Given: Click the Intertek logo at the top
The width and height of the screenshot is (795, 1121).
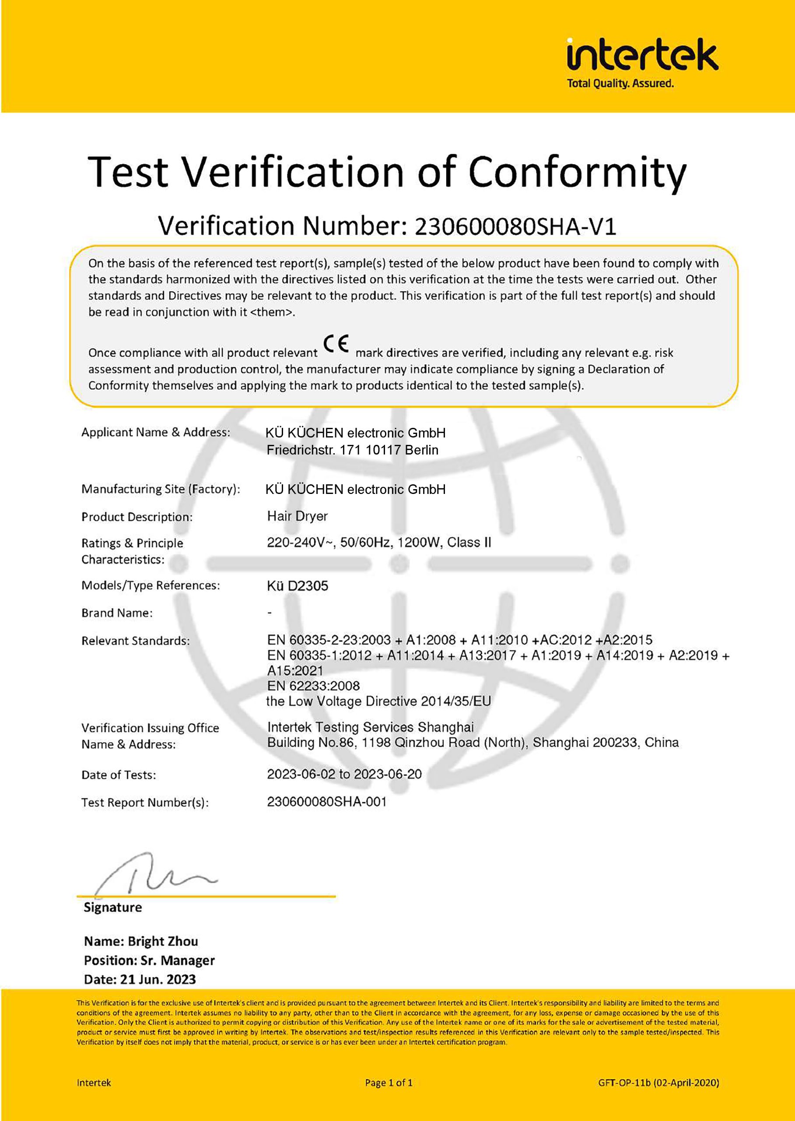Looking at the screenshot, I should pos(642,55).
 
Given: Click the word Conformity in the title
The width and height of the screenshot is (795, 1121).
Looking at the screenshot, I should pos(577,172).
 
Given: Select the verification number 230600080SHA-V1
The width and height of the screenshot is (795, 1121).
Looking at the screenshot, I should pos(515,226).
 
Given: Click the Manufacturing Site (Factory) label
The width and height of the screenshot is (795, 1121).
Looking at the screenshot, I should pos(161,489).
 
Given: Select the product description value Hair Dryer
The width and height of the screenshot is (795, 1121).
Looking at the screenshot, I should pos(297,516).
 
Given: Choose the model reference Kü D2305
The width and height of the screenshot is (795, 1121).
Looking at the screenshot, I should pos(297,585).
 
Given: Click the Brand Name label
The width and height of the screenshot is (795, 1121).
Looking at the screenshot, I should pos(117,613).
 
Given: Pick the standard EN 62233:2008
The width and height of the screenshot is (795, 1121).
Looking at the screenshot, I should pos(313,685).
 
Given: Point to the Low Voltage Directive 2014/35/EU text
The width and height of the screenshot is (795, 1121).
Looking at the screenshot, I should pos(378,701).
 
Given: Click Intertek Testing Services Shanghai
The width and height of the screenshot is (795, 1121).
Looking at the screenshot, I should pos(370,726).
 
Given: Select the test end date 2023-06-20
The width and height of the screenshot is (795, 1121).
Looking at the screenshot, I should pos(388,774).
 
